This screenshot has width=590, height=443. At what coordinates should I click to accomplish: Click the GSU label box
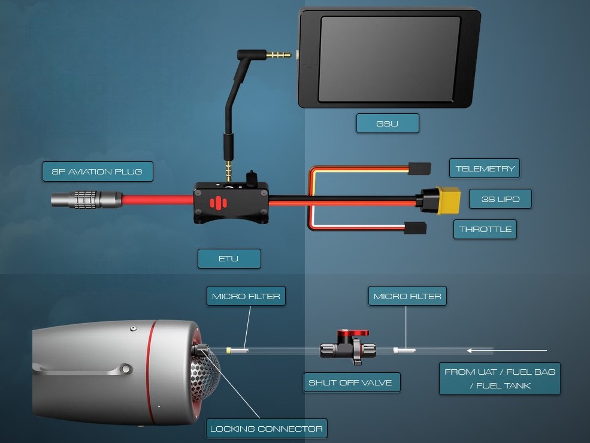coord(387,123)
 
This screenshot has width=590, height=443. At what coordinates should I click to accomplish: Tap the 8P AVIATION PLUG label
coord(97,171)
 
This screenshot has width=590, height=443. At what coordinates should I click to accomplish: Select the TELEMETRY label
coord(485,168)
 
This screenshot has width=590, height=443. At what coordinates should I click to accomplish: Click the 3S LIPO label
coord(500,199)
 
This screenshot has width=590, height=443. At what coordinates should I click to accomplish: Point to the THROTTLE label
coord(485,229)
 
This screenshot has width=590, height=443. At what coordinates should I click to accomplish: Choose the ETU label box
coord(229,258)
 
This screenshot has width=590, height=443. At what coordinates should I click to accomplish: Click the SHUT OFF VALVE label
coord(350,382)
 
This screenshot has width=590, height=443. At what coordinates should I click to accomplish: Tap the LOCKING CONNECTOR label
coord(267,428)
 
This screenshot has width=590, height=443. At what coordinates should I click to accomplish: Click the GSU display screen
coord(390,59)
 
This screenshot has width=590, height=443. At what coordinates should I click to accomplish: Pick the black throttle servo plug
coord(415,228)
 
